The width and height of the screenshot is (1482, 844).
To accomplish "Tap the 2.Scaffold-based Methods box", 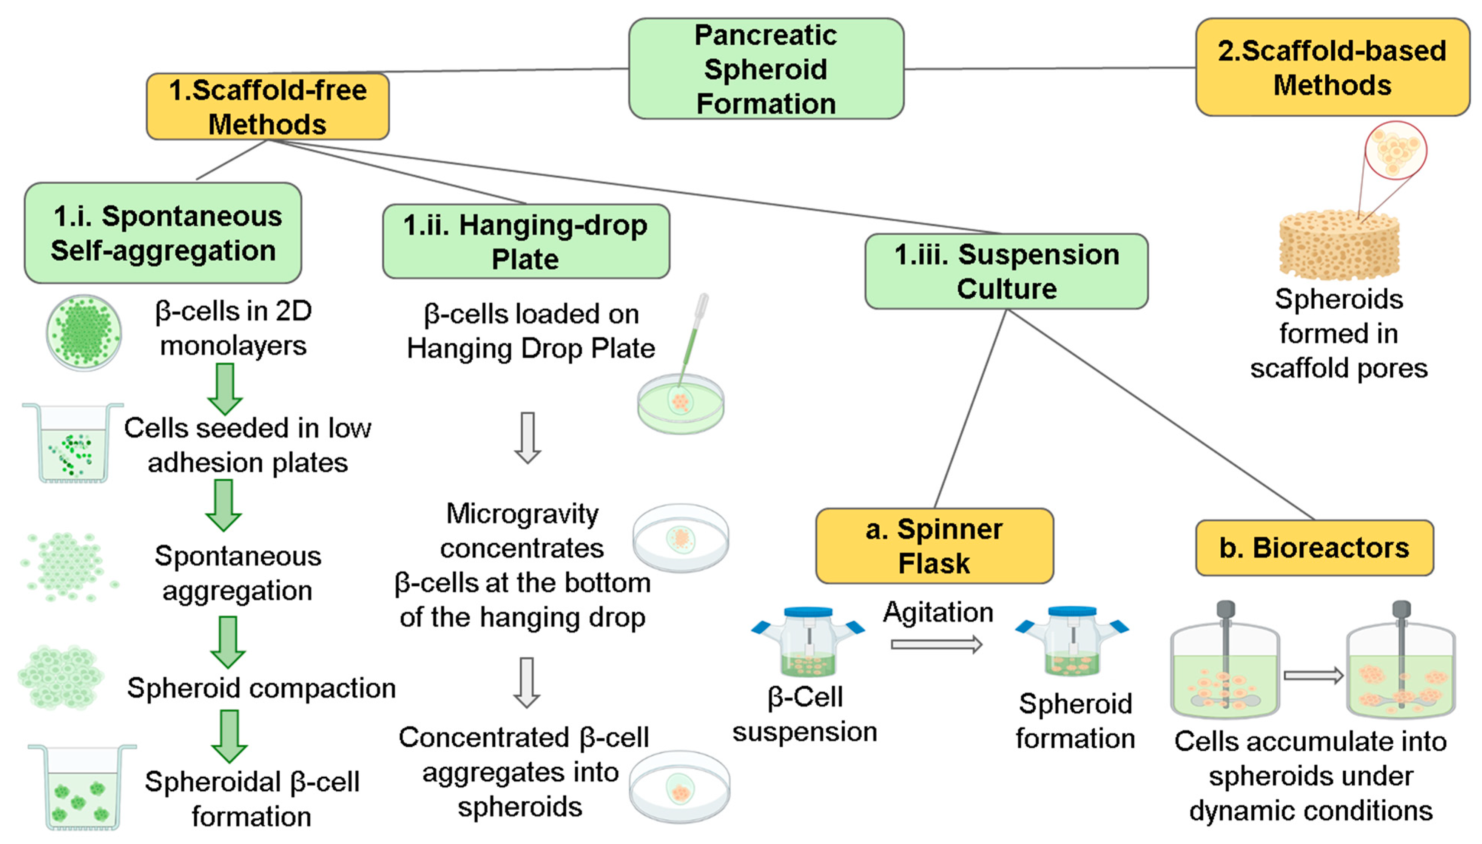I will [x=1332, y=67].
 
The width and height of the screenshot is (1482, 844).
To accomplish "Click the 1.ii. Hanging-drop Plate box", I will [x=526, y=241].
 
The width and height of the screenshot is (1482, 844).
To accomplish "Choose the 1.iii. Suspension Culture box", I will [x=1006, y=271].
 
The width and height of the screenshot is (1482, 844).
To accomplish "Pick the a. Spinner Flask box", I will [x=934, y=546].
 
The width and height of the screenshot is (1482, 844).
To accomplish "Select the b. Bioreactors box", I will [x=1314, y=548].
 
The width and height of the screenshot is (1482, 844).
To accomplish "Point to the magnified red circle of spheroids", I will [x=1395, y=150].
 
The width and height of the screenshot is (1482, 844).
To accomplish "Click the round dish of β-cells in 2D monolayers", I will [x=84, y=333].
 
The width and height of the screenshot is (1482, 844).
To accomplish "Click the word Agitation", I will [x=938, y=612].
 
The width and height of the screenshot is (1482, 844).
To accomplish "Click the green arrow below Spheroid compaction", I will [x=229, y=736].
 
